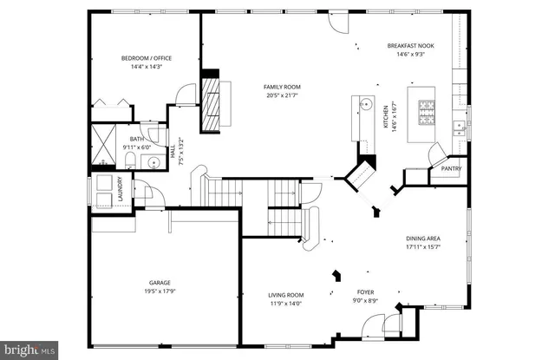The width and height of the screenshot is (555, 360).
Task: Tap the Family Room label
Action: tap(282, 86)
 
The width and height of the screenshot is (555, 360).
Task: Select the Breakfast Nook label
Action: tap(409, 45)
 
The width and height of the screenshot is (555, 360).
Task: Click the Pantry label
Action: tap(451, 169)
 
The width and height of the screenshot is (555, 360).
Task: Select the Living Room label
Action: tap(285, 295)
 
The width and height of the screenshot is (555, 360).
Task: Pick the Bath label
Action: tap(137, 139)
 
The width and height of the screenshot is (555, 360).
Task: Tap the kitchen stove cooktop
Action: tap(428, 110)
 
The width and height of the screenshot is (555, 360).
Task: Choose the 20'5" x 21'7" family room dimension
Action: tap(282, 95)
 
